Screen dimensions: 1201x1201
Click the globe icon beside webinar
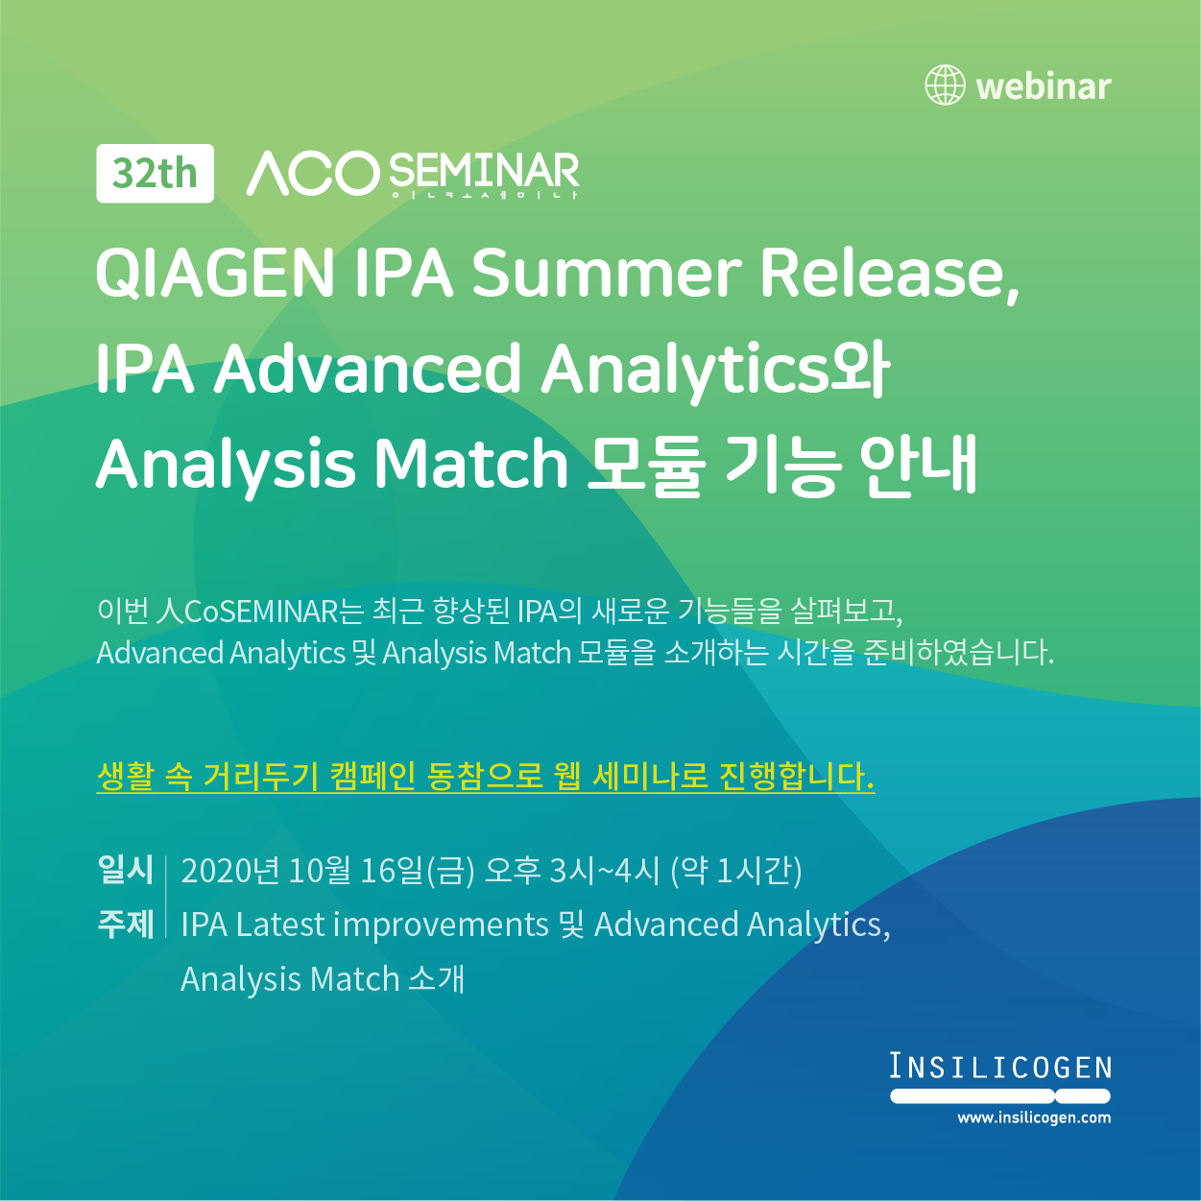tap(945, 84)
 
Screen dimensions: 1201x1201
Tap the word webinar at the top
tap(1044, 86)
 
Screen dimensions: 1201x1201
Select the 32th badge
tap(156, 173)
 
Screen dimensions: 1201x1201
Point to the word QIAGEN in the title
tap(215, 273)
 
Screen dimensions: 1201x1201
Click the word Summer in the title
tap(606, 273)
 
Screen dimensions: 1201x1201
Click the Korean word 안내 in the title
tap(918, 464)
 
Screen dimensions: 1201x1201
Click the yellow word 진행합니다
tap(797, 776)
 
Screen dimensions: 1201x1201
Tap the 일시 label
tap(125, 870)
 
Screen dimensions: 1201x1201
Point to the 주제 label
tap(125, 924)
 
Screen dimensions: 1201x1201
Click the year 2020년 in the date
tap(229, 871)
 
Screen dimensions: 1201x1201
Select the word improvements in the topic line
tap(441, 925)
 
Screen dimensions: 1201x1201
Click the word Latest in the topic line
tap(280, 925)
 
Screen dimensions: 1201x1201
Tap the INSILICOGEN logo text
tap(1000, 1066)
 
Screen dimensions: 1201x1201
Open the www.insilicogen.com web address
tap(1034, 1117)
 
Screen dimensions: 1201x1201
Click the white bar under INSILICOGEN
tap(1000, 1095)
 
